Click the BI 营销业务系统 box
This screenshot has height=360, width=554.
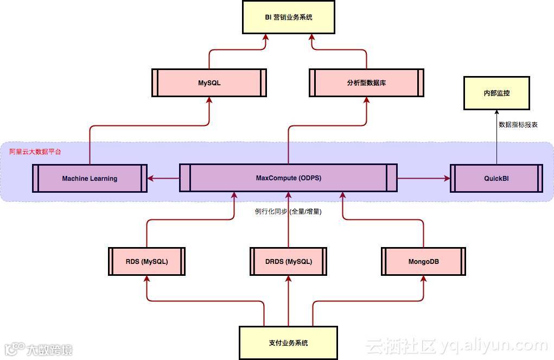point(288,17)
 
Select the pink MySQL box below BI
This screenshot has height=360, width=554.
point(209,83)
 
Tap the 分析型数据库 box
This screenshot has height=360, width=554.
point(366,83)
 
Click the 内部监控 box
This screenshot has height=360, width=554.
point(496,93)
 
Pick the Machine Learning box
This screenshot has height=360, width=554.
point(90,178)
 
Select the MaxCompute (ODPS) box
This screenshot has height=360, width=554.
point(288,178)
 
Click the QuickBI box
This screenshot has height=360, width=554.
point(496,178)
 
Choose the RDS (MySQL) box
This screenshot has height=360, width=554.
point(147,261)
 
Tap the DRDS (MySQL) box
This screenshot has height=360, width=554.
point(288,261)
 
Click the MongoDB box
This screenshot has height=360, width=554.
point(423,261)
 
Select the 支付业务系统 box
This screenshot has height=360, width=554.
point(288,343)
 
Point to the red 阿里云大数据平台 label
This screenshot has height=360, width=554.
point(35,151)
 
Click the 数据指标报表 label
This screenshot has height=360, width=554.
point(518,124)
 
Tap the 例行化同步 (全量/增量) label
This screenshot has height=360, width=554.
point(288,211)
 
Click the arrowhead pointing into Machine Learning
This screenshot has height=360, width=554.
point(151,178)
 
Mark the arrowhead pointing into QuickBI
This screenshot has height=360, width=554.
point(447,178)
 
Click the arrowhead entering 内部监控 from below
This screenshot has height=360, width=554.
point(496,112)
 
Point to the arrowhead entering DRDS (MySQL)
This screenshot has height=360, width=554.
point(288,279)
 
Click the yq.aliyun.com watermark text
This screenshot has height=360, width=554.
point(494,345)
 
